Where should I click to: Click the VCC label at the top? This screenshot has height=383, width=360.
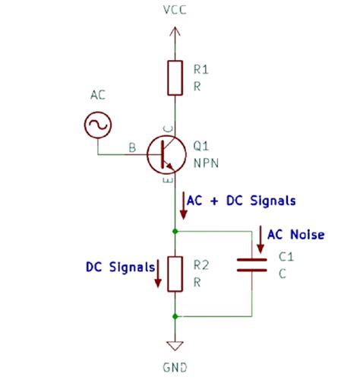pos(174,10)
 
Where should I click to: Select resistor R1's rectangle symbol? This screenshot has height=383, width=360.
pos(175,78)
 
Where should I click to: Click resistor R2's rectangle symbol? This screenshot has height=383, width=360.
pos(175,274)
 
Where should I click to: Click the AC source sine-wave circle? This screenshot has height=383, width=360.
pos(99,125)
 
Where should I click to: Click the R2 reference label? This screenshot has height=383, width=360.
pos(201,265)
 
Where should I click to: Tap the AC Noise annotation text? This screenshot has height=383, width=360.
pos(295,235)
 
